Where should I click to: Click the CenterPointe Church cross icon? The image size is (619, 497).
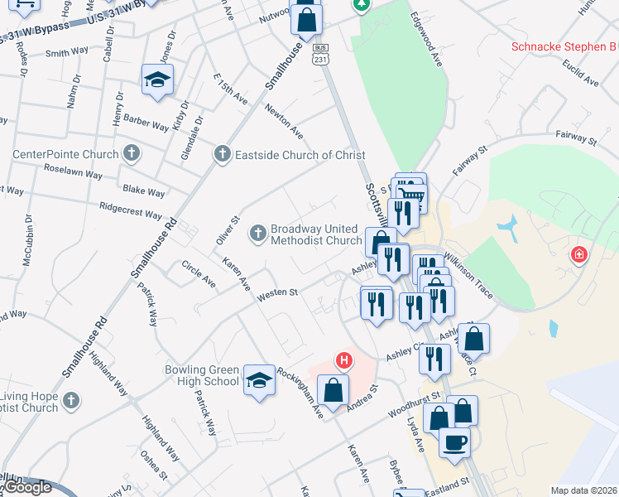(x=131, y=153)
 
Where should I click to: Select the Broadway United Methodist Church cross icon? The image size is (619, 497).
(x=258, y=234)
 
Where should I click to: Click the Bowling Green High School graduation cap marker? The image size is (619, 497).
(x=260, y=379)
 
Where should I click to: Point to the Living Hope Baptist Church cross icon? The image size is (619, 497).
(x=71, y=401)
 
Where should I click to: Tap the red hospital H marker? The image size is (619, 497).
(x=343, y=360)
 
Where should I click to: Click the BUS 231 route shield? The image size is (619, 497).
(x=320, y=54)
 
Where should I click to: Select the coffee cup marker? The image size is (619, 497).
(x=454, y=442)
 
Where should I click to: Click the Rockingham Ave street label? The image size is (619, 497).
(x=300, y=391)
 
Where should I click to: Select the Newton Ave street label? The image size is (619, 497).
(x=284, y=121)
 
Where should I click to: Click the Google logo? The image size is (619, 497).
(x=28, y=487)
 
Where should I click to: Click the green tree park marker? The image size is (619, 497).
(x=362, y=5)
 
